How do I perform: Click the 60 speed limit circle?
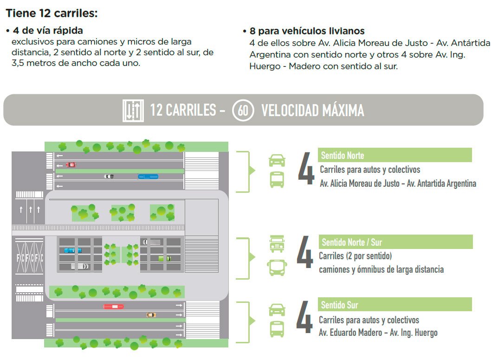[243, 110]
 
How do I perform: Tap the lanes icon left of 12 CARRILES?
[133, 110]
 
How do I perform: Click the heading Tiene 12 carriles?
[52, 13]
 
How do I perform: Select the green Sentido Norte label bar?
[395, 155]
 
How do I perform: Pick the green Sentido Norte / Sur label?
[396, 242]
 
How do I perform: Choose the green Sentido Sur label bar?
[395, 304]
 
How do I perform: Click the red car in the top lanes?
[71, 164]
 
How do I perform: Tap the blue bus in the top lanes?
[148, 177]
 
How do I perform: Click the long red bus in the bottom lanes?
[113, 306]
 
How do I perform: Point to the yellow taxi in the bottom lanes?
[151, 315]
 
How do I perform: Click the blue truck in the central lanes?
[73, 250]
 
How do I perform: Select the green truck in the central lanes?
[165, 259]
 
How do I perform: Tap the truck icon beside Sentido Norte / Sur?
[277, 244]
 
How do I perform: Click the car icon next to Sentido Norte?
[277, 160]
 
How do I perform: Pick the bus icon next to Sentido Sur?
[277, 329]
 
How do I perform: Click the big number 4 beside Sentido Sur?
[305, 317]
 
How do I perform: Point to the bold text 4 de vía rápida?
[48, 31]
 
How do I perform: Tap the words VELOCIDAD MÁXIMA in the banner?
[313, 111]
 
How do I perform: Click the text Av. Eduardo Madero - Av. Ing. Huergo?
[378, 333]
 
